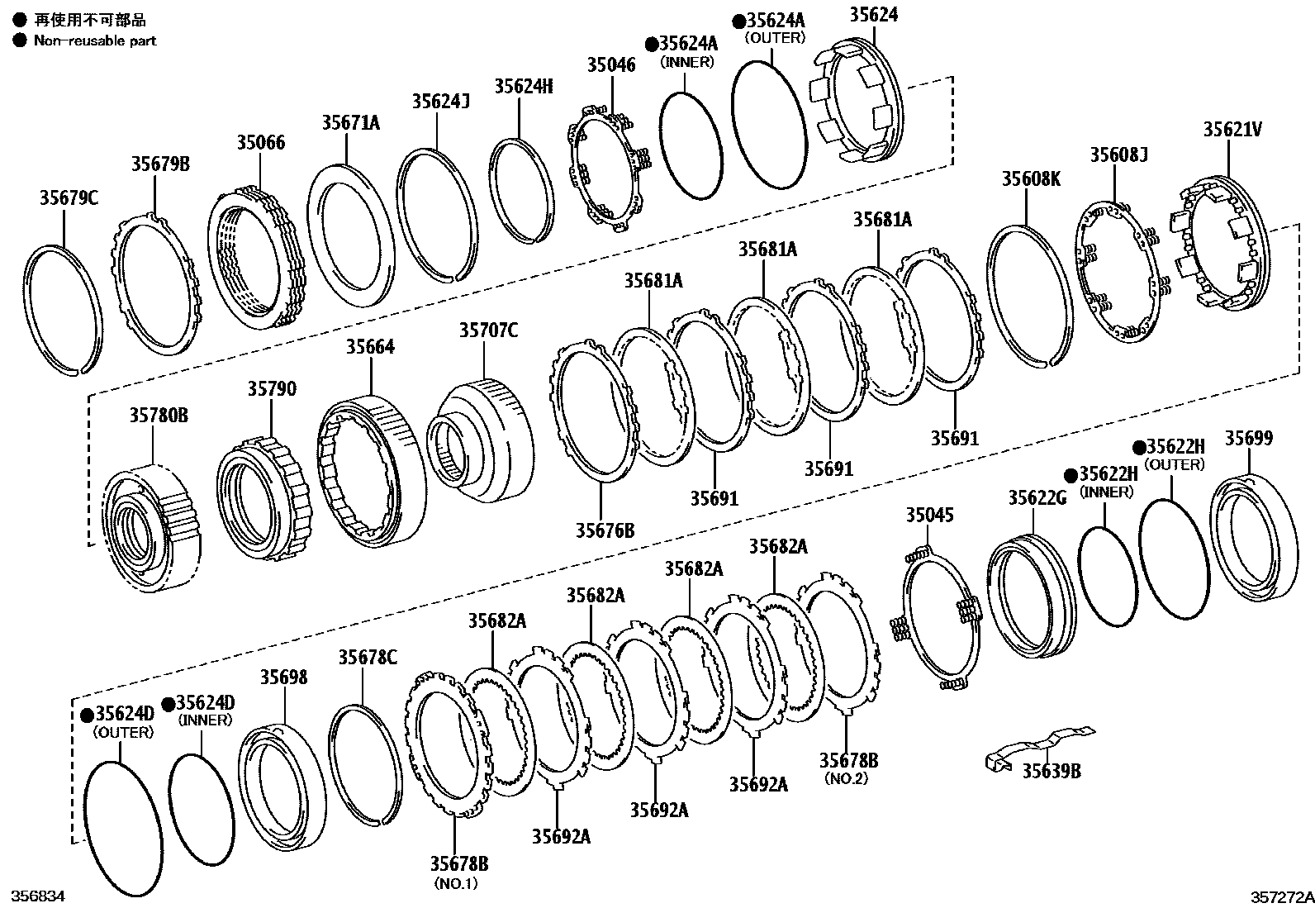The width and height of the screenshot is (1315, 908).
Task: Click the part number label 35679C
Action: point(69,198)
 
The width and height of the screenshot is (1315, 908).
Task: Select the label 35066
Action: point(260,143)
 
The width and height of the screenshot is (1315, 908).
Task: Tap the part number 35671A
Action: point(350,123)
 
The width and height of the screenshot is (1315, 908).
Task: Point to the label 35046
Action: point(611,64)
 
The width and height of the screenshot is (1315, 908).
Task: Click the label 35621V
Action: point(1232,129)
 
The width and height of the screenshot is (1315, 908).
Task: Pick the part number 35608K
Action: point(1031,178)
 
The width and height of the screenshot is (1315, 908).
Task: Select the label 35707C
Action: point(488,330)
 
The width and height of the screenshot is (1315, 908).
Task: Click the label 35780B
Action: point(158,415)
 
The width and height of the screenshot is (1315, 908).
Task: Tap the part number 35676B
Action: point(605,530)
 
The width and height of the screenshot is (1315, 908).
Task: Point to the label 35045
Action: point(929,516)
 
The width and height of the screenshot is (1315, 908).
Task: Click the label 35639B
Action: point(1051,771)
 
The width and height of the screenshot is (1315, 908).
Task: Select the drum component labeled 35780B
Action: point(150,529)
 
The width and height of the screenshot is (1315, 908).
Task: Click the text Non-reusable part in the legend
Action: point(94,40)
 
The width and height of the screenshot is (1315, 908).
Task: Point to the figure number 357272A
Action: point(1280,896)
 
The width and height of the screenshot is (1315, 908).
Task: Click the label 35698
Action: point(283,677)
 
